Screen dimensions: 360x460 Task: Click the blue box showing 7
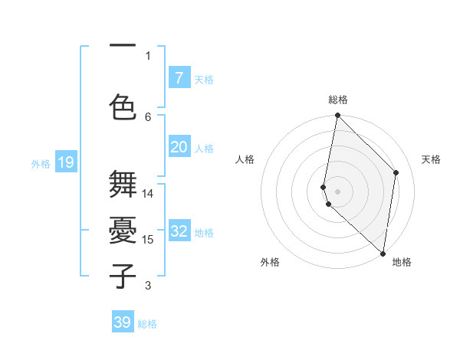click(x=179, y=78)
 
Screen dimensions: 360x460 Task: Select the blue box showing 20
click(x=179, y=147)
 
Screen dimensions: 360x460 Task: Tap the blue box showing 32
click(x=179, y=231)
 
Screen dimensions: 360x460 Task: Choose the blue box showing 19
click(x=65, y=162)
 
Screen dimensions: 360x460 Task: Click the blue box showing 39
click(x=123, y=322)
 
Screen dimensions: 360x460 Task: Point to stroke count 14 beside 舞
click(x=148, y=194)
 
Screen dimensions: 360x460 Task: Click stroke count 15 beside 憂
click(x=148, y=240)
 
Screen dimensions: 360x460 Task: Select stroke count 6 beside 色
click(x=149, y=116)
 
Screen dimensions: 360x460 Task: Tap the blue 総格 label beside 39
click(x=147, y=324)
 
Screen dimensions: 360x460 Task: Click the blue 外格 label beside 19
click(x=41, y=164)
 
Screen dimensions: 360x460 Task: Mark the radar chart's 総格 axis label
click(x=337, y=100)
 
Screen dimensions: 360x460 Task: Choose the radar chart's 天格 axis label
click(x=431, y=159)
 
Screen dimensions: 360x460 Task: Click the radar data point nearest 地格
click(x=383, y=253)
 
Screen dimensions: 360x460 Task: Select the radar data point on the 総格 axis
click(x=337, y=116)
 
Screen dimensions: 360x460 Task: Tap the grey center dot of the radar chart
click(x=337, y=191)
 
